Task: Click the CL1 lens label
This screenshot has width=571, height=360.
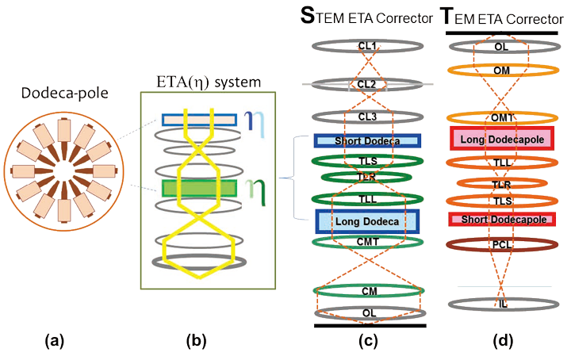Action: (x=366, y=47)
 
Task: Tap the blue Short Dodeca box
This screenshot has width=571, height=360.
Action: (x=366, y=141)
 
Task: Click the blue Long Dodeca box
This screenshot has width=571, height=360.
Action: (x=366, y=220)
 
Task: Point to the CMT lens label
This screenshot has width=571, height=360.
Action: (x=366, y=242)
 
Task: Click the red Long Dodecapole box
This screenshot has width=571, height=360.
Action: (x=500, y=138)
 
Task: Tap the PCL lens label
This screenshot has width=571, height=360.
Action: (x=500, y=245)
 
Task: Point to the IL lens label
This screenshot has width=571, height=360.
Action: (x=500, y=304)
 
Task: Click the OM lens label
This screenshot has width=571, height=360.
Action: (x=500, y=70)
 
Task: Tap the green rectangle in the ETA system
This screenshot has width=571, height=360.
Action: (x=199, y=188)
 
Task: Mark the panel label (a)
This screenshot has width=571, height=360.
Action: (x=55, y=341)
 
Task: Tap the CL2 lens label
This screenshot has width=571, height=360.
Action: (x=366, y=82)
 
